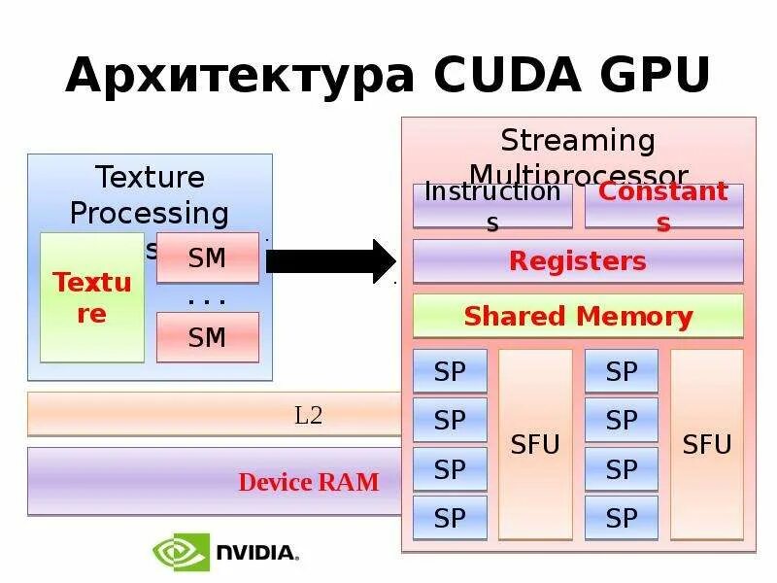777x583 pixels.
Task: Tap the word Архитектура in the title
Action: pyautogui.click(x=239, y=75)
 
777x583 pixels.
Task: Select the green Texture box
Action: pyautogui.click(x=92, y=297)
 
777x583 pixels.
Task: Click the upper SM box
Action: pyautogui.click(x=207, y=258)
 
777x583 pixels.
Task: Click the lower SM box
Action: pyautogui.click(x=207, y=337)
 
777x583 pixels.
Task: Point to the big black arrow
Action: pyautogui.click(x=330, y=261)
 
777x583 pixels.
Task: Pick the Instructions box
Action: pyautogui.click(x=492, y=205)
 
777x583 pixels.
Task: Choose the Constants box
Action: pyautogui.click(x=663, y=205)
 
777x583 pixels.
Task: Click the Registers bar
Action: pyautogui.click(x=578, y=261)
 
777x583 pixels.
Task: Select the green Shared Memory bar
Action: pyautogui.click(x=578, y=317)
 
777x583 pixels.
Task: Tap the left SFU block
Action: pyautogui.click(x=535, y=444)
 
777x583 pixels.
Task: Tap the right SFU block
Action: pyautogui.click(x=706, y=444)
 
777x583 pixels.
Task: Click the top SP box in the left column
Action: pyautogui.click(x=450, y=371)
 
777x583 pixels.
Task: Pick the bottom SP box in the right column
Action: pyautogui.click(x=621, y=518)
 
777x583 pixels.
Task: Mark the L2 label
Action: pyautogui.click(x=308, y=416)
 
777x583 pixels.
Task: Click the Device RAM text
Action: pyautogui.click(x=309, y=482)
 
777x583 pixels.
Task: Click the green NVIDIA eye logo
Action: pyautogui.click(x=179, y=552)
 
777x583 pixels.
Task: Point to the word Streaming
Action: pyautogui.click(x=578, y=141)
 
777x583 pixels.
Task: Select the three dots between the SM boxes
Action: pyautogui.click(x=207, y=299)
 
